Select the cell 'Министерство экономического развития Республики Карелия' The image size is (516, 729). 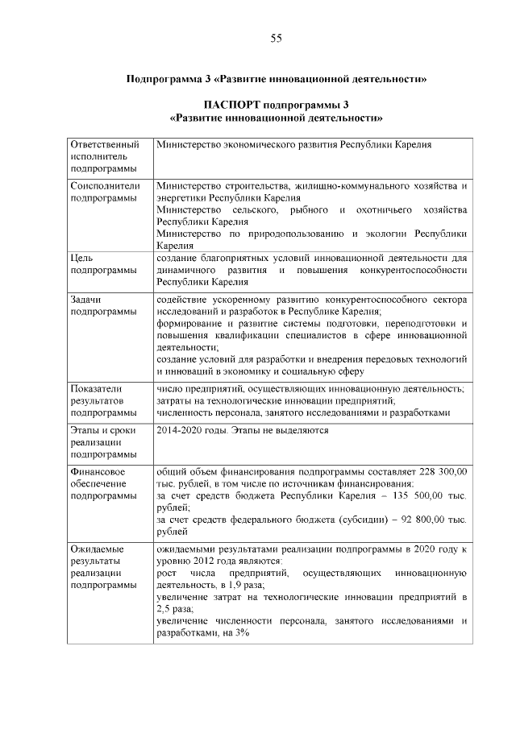click(x=295, y=144)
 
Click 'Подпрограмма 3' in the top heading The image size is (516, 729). click(x=166, y=79)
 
